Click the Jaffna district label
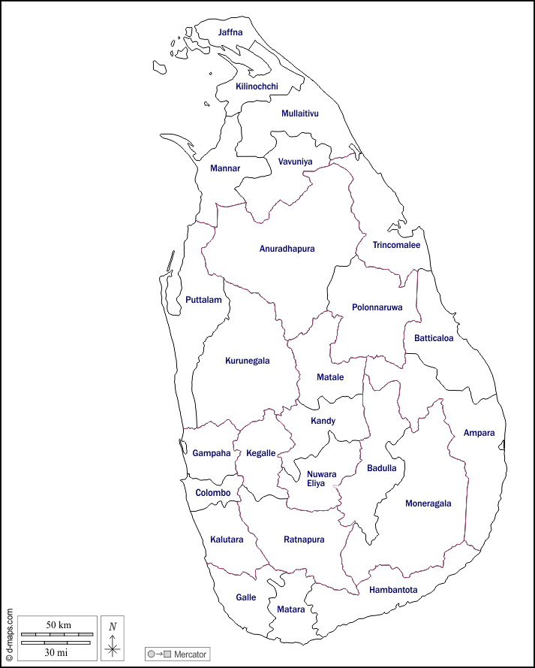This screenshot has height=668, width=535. pyautogui.click(x=230, y=32)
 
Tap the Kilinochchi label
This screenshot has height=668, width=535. pyautogui.click(x=257, y=86)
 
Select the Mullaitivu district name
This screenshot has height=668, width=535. pyautogui.click(x=300, y=113)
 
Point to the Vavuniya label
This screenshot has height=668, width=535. pyautogui.click(x=295, y=162)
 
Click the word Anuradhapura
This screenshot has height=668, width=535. pyautogui.click(x=287, y=249)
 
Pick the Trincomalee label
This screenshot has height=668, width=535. pyautogui.click(x=396, y=245)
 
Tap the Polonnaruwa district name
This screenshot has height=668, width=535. pyautogui.click(x=377, y=307)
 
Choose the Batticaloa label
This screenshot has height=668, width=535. pyautogui.click(x=434, y=338)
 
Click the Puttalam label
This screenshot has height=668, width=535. pyautogui.click(x=203, y=300)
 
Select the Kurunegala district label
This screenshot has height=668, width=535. pyautogui.click(x=247, y=361)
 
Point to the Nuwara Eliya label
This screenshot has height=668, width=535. pyautogui.click(x=321, y=479)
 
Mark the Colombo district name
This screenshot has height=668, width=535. pyautogui.click(x=212, y=493)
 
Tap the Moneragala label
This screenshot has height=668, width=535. pyautogui.click(x=428, y=503)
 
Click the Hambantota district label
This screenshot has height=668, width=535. pyautogui.click(x=393, y=590)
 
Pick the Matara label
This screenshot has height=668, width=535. pyautogui.click(x=290, y=609)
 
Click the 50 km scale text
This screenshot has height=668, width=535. pyautogui.click(x=59, y=625)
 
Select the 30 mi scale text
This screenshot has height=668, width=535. pyautogui.click(x=56, y=652)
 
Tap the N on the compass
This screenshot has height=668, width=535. pyautogui.click(x=113, y=626)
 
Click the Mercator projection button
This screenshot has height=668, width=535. pyautogui.click(x=179, y=654)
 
